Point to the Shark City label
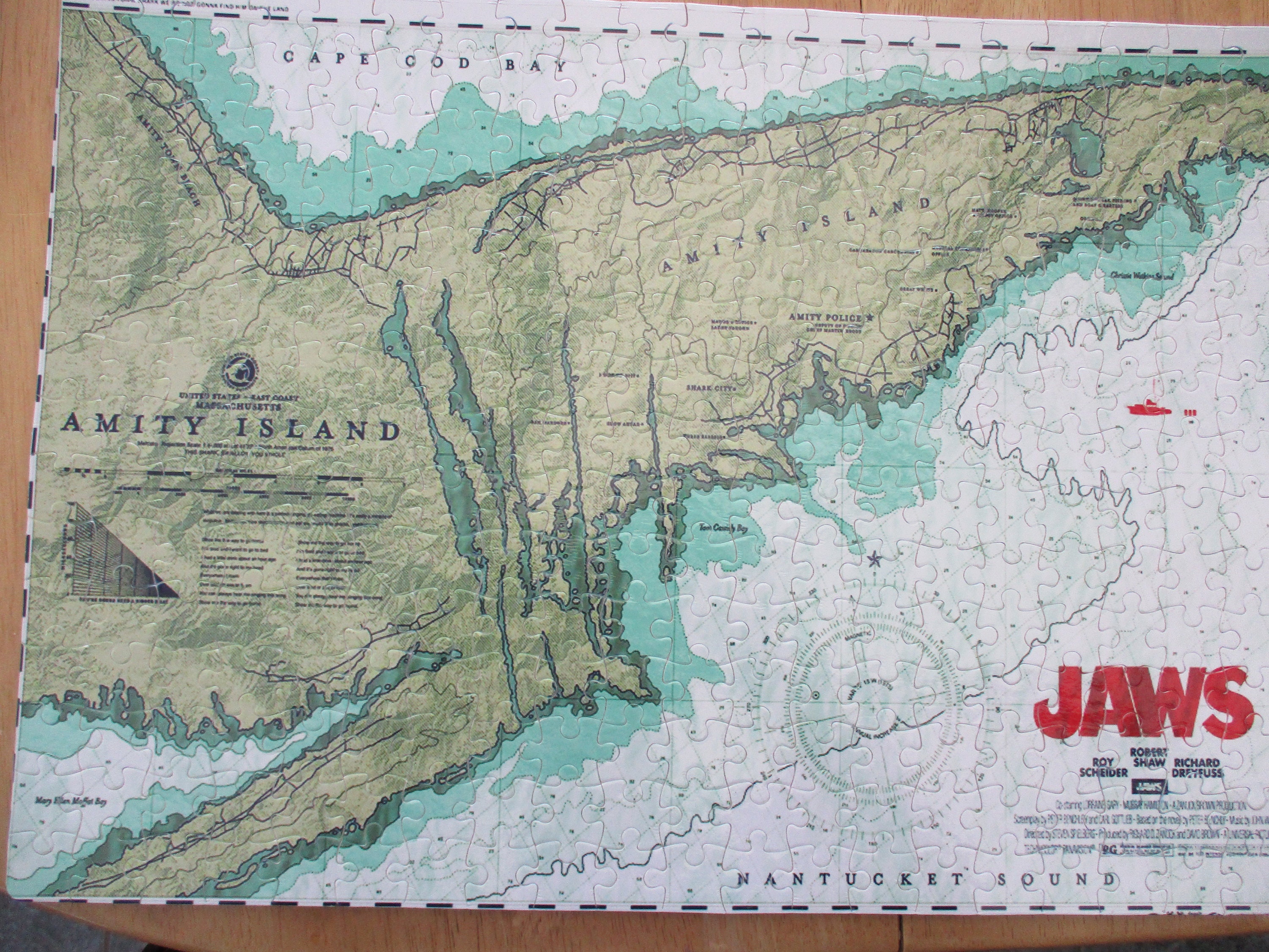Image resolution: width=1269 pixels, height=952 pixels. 710,387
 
